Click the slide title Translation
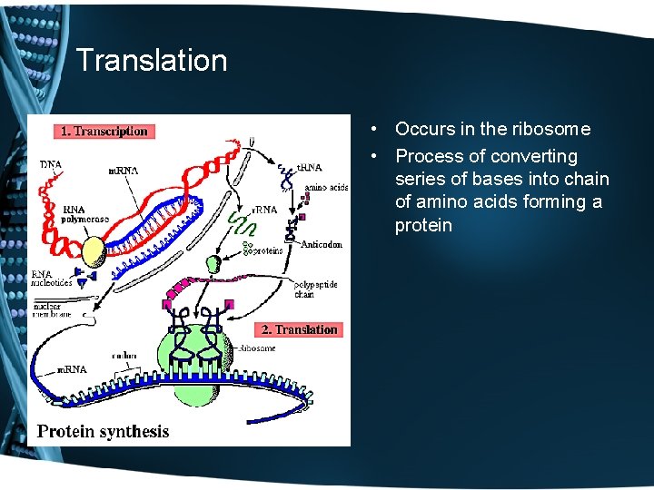[152, 61]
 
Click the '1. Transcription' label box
[104, 132]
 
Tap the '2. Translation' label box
[300, 329]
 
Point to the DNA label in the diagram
[51, 165]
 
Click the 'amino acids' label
[326, 188]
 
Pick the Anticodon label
[322, 243]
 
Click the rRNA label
[265, 210]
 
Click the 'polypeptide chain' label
[315, 289]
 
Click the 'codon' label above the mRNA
[124, 356]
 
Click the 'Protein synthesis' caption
[103, 431]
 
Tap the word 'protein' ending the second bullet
[423, 225]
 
